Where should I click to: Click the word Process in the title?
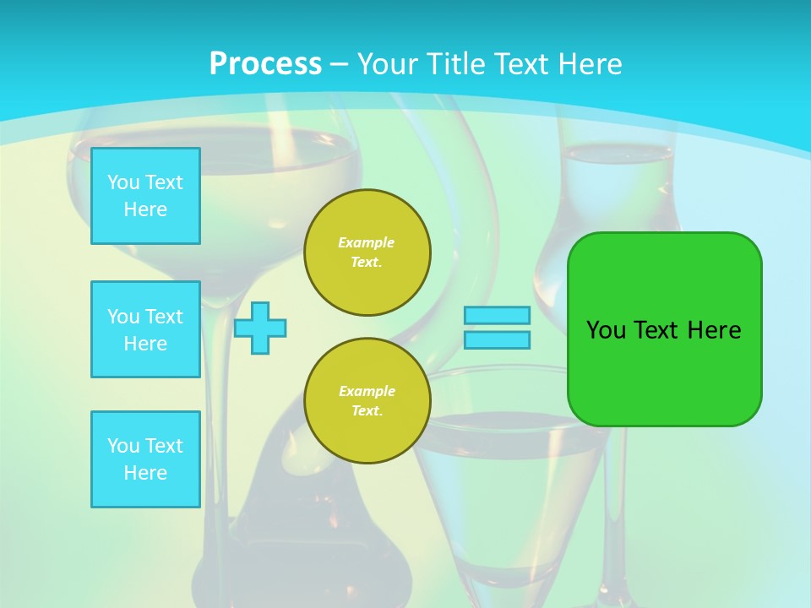pos(265,64)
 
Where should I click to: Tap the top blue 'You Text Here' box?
pos(145,196)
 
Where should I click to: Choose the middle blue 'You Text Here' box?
pos(145,329)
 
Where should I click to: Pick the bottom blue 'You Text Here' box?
pos(145,459)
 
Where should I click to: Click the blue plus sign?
pos(260,328)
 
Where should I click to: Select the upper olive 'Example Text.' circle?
pos(367,252)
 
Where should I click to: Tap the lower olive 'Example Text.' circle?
pos(367,401)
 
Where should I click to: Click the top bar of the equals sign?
pos(497,316)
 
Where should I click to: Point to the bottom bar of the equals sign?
pos(497,340)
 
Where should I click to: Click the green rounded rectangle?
pos(664,329)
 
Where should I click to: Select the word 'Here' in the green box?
pos(714,330)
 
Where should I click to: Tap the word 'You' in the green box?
pos(606,330)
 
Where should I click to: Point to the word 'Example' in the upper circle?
pos(367,242)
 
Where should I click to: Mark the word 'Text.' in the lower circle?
pos(367,411)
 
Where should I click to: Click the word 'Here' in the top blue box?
pos(145,209)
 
